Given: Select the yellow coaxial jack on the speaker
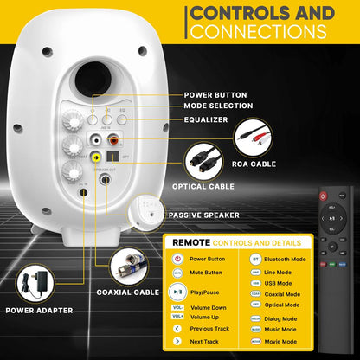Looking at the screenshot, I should coord(95,158).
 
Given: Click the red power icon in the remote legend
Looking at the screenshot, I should coord(177,258).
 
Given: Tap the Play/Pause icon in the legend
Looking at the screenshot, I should coord(177,292).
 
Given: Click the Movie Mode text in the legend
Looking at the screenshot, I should coord(280,342).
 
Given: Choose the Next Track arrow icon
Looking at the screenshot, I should coord(177,341).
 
